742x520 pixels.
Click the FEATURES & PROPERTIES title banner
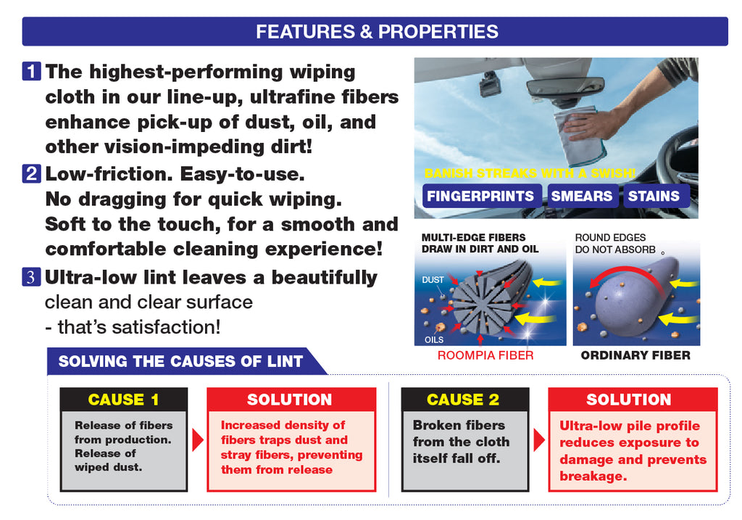pyautogui.click(x=375, y=31)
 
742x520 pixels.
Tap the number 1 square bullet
pyautogui.click(x=31, y=71)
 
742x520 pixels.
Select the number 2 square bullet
pyautogui.click(x=31, y=173)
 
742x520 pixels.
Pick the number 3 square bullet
pyautogui.click(x=31, y=277)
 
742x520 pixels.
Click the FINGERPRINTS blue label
pyautogui.click(x=481, y=196)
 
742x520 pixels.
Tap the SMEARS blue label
pyautogui.click(x=582, y=196)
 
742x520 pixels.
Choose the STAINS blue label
pyautogui.click(x=654, y=196)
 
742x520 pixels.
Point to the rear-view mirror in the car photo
pyautogui.click(x=559, y=91)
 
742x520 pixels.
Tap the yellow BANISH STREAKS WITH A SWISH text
pyautogui.click(x=530, y=173)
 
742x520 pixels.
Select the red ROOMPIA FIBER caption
pyautogui.click(x=485, y=355)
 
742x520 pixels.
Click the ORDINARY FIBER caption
pyautogui.click(x=635, y=355)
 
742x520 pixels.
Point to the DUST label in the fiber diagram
pyautogui.click(x=433, y=280)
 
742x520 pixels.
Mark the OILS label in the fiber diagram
pyautogui.click(x=434, y=339)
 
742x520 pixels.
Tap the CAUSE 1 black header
pyautogui.click(x=123, y=399)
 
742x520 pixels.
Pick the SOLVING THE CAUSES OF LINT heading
pyautogui.click(x=180, y=361)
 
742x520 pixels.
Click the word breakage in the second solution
pyautogui.click(x=593, y=476)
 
